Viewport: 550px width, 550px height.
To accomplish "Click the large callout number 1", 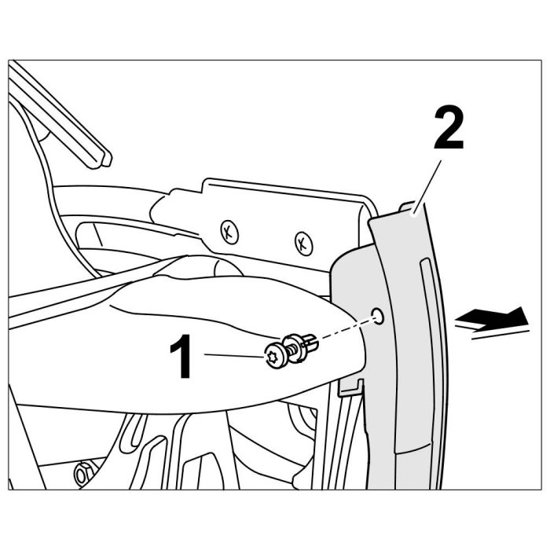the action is (x=181, y=357).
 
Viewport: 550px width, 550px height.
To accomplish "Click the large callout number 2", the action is (x=449, y=129).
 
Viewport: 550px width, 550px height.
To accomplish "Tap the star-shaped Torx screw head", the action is (x=273, y=357).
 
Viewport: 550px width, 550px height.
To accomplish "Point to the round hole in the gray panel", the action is (x=378, y=316).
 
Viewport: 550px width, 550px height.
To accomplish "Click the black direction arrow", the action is (x=492, y=317).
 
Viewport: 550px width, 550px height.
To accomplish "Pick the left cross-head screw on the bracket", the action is (x=229, y=233).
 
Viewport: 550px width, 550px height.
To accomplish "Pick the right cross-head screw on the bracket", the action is (x=303, y=243).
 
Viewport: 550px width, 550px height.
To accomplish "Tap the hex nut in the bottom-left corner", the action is (x=82, y=475).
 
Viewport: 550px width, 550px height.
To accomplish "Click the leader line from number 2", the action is (x=427, y=187).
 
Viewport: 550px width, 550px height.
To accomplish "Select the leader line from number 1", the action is (x=234, y=356).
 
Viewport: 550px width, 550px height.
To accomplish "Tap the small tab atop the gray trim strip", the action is (x=407, y=206).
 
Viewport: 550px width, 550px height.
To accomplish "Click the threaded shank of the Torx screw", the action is (x=292, y=350).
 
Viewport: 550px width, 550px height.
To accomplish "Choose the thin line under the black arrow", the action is (x=500, y=335).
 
